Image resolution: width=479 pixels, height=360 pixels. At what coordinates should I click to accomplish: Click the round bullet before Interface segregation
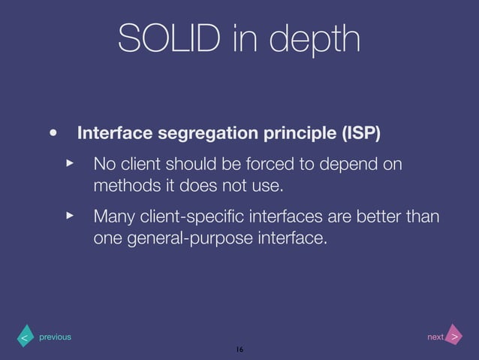pyautogui.click(x=53, y=135)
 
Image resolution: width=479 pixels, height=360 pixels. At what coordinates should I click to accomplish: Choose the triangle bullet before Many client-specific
pyautogui.click(x=70, y=216)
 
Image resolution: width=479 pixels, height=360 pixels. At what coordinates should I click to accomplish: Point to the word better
pyautogui.click(x=382, y=217)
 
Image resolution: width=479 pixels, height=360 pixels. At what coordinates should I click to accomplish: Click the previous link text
pyautogui.click(x=55, y=337)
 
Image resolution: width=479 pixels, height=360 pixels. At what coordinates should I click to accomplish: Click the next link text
pyautogui.click(x=435, y=337)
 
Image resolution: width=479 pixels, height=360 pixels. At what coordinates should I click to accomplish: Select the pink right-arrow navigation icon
pyautogui.click(x=454, y=337)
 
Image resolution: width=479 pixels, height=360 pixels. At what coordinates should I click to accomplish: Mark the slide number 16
pyautogui.click(x=239, y=350)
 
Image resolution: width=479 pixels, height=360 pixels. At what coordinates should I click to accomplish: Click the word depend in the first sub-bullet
pyautogui.click(x=351, y=164)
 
